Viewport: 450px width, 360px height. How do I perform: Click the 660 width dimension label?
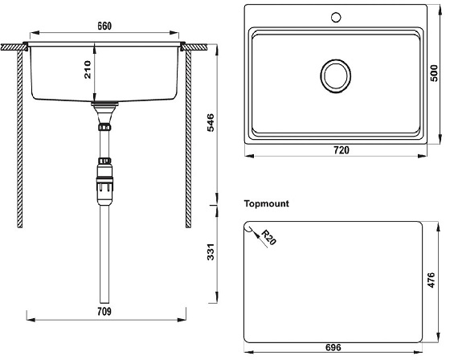tap(104, 25)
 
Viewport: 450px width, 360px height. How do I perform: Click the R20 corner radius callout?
tap(268, 239)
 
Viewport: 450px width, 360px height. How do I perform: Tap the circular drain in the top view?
tap(334, 76)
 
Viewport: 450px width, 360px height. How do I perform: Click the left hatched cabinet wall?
tap(19, 137)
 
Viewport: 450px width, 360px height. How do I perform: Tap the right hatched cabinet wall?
tap(188, 137)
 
